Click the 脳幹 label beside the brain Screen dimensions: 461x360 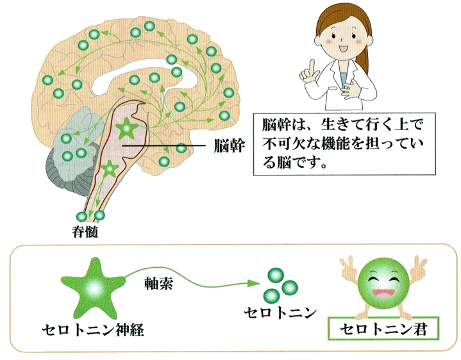tap(230, 145)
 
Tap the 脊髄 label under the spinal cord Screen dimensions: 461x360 tap(85, 232)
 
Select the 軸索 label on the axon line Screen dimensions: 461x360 tap(159, 284)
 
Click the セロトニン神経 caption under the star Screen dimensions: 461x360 tap(93, 330)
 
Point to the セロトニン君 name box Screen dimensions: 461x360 tap(383, 328)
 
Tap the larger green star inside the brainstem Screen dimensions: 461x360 tap(127, 128)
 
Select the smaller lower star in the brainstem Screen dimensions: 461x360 tap(110, 168)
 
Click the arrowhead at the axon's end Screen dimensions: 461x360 tap(254, 282)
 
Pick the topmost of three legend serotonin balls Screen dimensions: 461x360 tap(276, 275)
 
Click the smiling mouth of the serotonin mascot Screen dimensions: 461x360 tap(383, 293)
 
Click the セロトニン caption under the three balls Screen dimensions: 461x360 tap(280, 313)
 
